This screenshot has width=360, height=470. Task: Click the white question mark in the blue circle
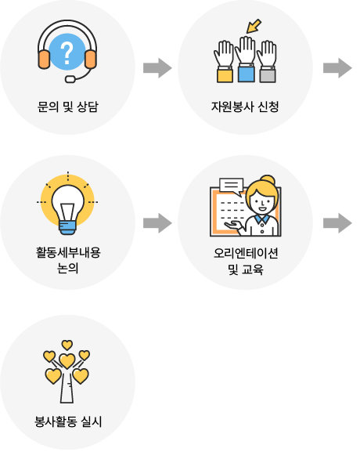pyautogui.click(x=67, y=53)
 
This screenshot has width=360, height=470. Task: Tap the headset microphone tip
pyautogui.click(x=70, y=79)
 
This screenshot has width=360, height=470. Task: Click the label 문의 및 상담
pyautogui.click(x=67, y=107)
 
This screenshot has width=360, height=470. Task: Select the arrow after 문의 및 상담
pyautogui.click(x=157, y=68)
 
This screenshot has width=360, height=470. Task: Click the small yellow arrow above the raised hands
pyautogui.click(x=254, y=26)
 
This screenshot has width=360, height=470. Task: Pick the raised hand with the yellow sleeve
pyautogui.click(x=225, y=61)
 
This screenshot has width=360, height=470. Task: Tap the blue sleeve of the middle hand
pyautogui.click(x=247, y=74)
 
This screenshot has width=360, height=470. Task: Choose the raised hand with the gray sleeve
pyautogui.click(x=268, y=61)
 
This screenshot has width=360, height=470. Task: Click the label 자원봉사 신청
pyautogui.click(x=245, y=107)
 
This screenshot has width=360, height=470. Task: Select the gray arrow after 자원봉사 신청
pyautogui.click(x=337, y=68)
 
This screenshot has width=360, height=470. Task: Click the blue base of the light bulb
pyautogui.click(x=67, y=227)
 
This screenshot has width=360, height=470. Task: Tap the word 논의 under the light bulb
pyautogui.click(x=68, y=268)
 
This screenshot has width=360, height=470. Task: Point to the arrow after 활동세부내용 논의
pyautogui.click(x=157, y=223)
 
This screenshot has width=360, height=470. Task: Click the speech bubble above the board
pyautogui.click(x=231, y=186)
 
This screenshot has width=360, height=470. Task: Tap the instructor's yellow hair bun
pyautogui.click(x=268, y=180)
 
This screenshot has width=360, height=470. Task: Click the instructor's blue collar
pyautogui.click(x=262, y=219)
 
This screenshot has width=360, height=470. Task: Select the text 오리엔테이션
pyautogui.click(x=246, y=253)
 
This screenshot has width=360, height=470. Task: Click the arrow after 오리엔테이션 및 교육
pyautogui.click(x=337, y=223)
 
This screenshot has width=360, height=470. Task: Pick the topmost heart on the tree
pyautogui.click(x=67, y=345)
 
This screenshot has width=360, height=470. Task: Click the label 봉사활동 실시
pyautogui.click(x=68, y=421)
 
